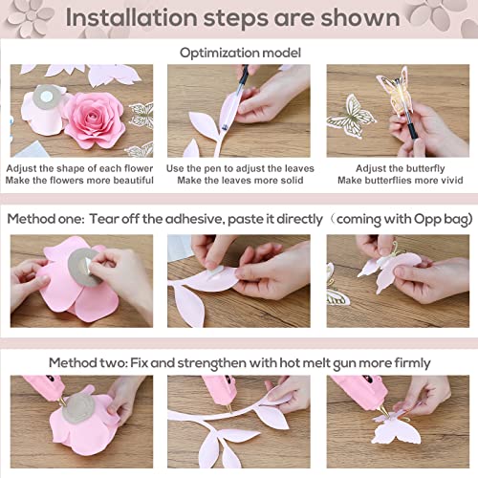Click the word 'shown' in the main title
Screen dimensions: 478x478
[x=358, y=18]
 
